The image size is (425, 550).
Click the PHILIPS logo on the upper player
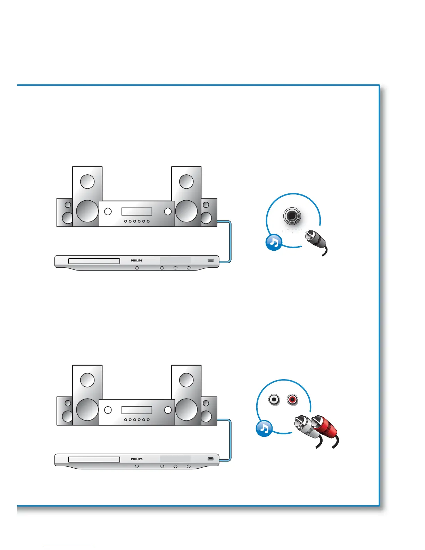pos(136,260)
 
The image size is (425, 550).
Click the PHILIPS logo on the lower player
pos(136,459)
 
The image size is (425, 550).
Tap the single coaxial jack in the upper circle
pos(292,216)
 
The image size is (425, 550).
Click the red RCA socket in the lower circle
pos(292,400)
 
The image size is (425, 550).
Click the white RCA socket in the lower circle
pos(274,400)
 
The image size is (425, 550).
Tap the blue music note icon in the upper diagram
pos(274,243)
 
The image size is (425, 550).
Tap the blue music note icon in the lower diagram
pos(264,428)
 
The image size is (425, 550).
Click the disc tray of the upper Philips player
pos(94,261)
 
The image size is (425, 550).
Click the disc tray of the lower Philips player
pos(94,459)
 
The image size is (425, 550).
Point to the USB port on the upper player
pos(210,260)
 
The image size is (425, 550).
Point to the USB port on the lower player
pos(210,459)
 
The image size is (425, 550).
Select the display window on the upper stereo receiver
pos(136,211)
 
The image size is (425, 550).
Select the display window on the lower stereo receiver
pos(136,410)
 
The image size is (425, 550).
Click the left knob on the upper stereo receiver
pos(108,211)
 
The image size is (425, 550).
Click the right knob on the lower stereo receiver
pos(168,410)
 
